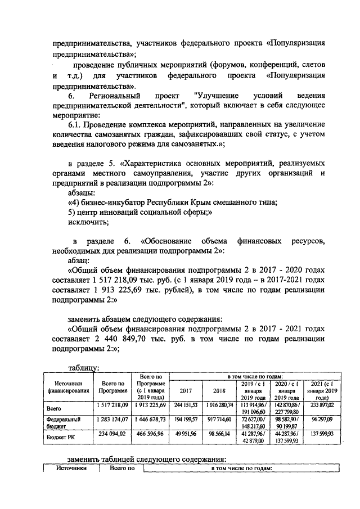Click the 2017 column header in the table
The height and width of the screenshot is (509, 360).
pyautogui.click(x=186, y=389)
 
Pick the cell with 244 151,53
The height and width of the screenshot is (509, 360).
pyautogui.click(x=186, y=404)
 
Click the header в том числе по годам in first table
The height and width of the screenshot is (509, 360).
pyautogui.click(x=255, y=376)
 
